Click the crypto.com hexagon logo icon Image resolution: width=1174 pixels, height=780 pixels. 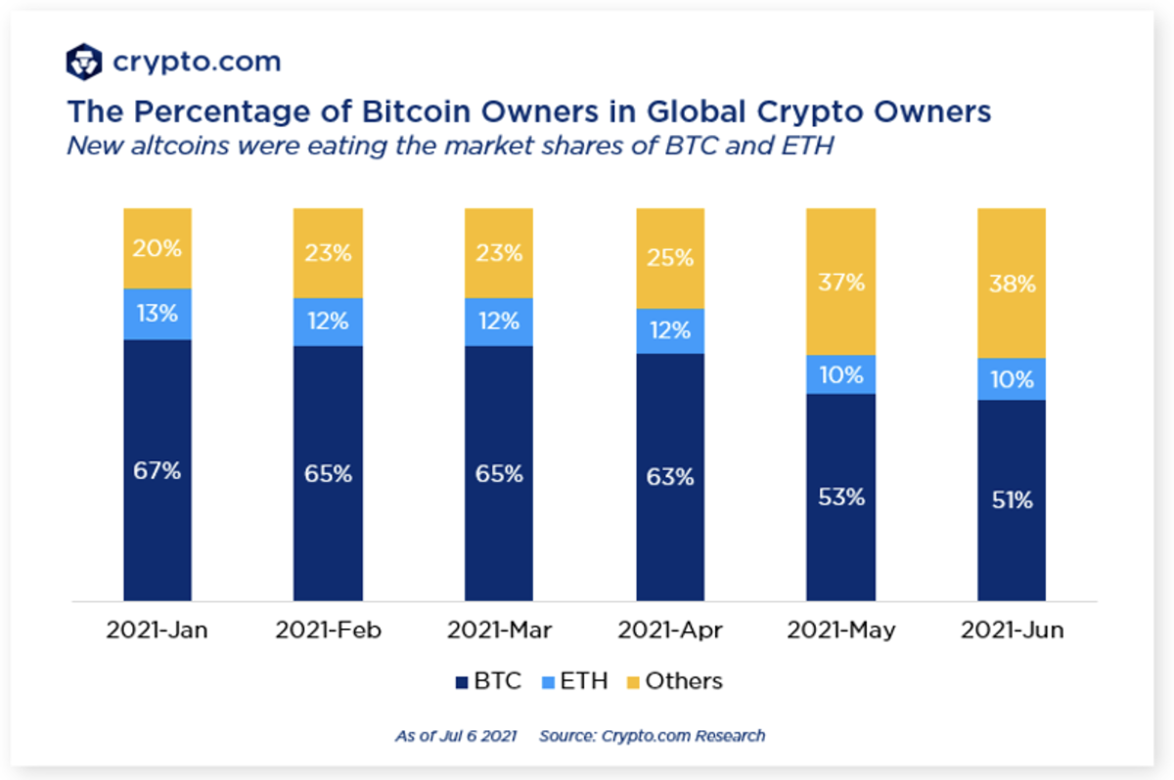pyautogui.click(x=84, y=62)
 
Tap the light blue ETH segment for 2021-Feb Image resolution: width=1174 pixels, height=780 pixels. pyautogui.click(x=328, y=322)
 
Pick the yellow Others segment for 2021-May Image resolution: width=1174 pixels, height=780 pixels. pyautogui.click(x=840, y=282)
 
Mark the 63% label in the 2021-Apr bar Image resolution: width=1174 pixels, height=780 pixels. pyautogui.click(x=669, y=477)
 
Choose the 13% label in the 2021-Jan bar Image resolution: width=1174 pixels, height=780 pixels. pyautogui.click(x=158, y=315)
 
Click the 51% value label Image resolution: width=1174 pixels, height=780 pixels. pyautogui.click(x=1011, y=500)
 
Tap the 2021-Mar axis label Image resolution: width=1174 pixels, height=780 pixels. pyautogui.click(x=499, y=630)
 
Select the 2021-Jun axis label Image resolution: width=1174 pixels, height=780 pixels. pyautogui.click(x=1012, y=630)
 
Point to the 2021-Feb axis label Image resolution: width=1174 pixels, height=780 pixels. pyautogui.click(x=328, y=630)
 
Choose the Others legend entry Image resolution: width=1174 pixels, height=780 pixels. pyautogui.click(x=677, y=681)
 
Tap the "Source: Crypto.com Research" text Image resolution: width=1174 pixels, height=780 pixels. pyautogui.click(x=652, y=735)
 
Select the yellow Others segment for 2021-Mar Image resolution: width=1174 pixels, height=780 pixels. pyautogui.click(x=499, y=253)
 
